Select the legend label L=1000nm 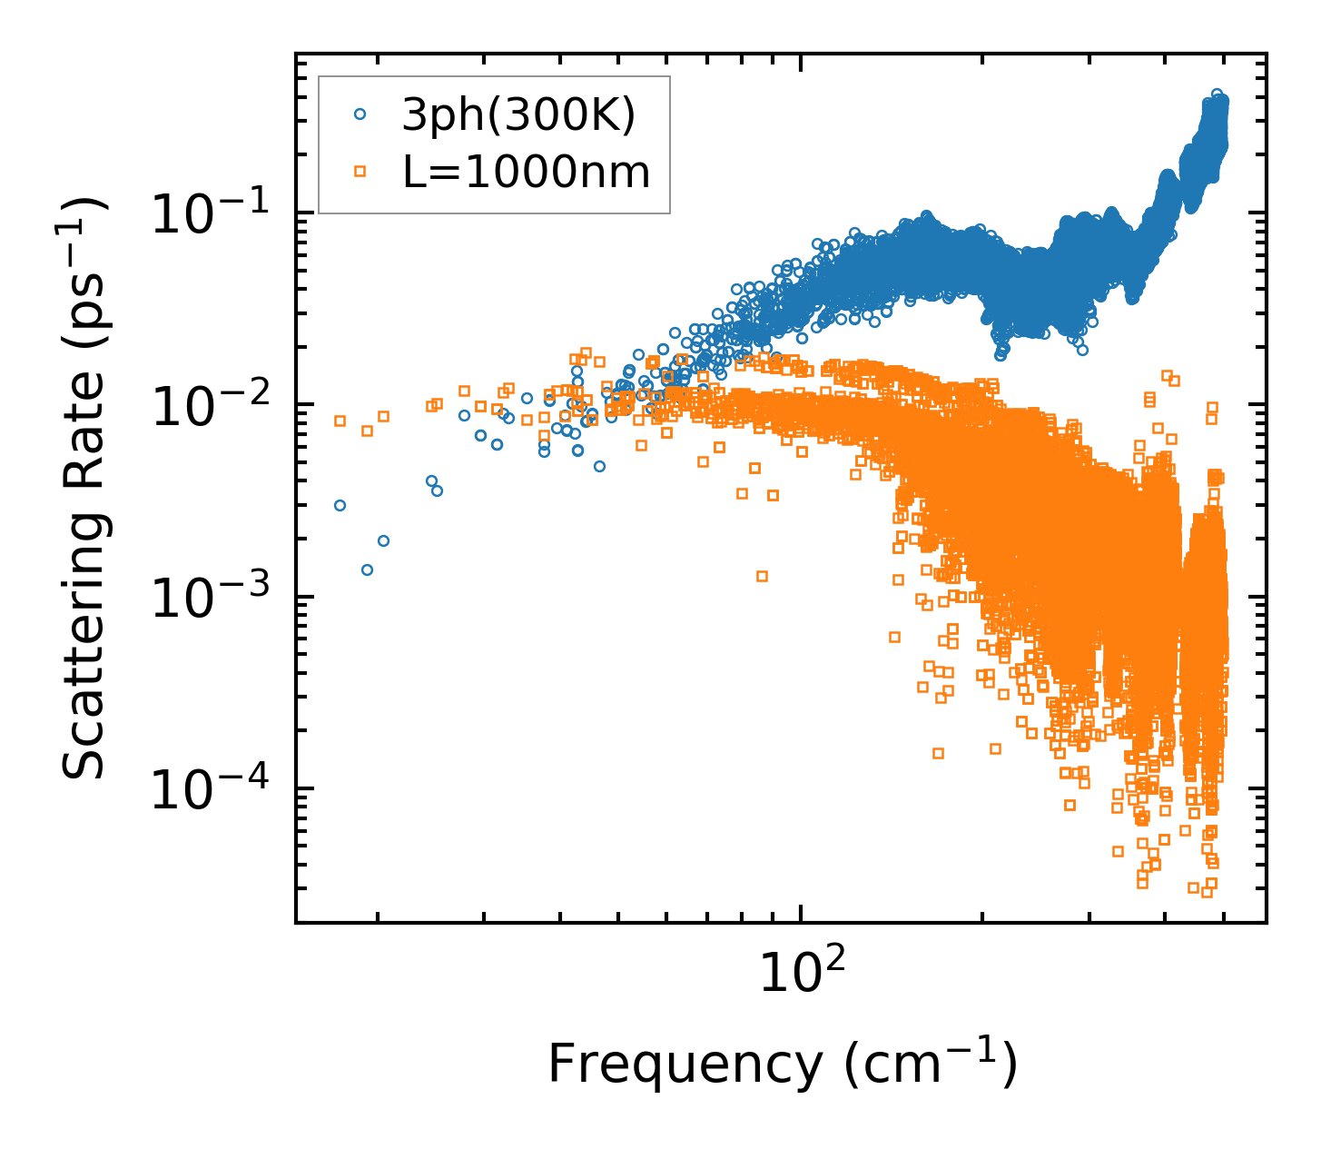pos(527,172)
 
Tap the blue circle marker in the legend pos(360,115)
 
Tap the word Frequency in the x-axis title pos(685,1065)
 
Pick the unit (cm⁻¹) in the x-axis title pos(931,1065)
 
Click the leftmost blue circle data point pos(340,505)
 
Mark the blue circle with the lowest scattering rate pos(367,570)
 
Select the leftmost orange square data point pos(340,421)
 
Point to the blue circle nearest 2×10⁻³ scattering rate pos(383,540)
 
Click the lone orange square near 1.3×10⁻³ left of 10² pos(762,576)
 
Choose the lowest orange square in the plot pos(1207,892)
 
